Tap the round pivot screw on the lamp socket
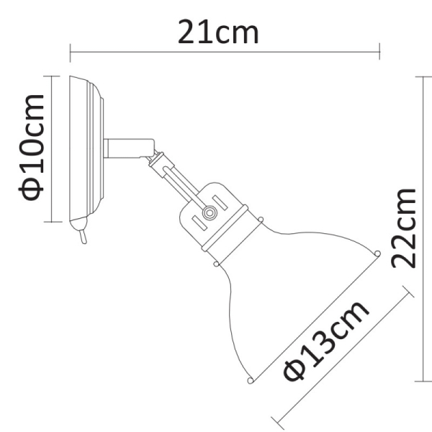click(209, 213)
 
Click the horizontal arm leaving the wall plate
click(126, 148)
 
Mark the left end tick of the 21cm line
click(70, 52)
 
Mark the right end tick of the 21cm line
click(379, 52)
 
